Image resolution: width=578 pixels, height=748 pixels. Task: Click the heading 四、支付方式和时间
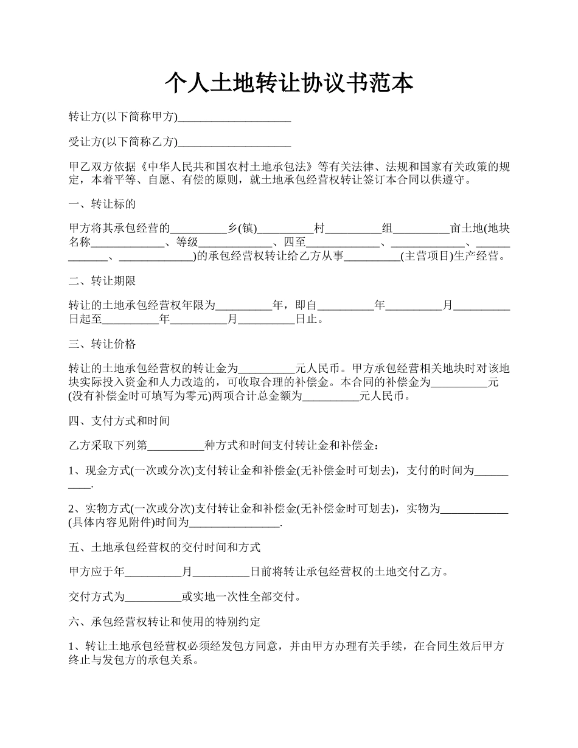119,421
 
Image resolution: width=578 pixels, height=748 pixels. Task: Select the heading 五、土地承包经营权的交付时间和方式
165,547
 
